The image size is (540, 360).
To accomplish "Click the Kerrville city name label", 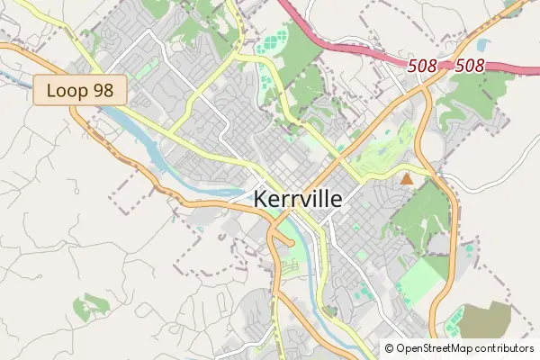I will (x=298, y=199).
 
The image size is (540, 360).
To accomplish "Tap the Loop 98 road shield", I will (x=81, y=91).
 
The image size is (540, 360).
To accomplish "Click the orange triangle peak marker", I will (x=407, y=179).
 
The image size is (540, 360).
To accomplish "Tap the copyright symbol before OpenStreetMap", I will (x=389, y=348).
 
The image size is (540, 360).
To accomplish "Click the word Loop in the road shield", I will (x=67, y=91).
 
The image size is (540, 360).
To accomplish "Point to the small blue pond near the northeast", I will (x=483, y=43).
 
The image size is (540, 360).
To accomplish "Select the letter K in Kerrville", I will (x=262, y=199).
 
